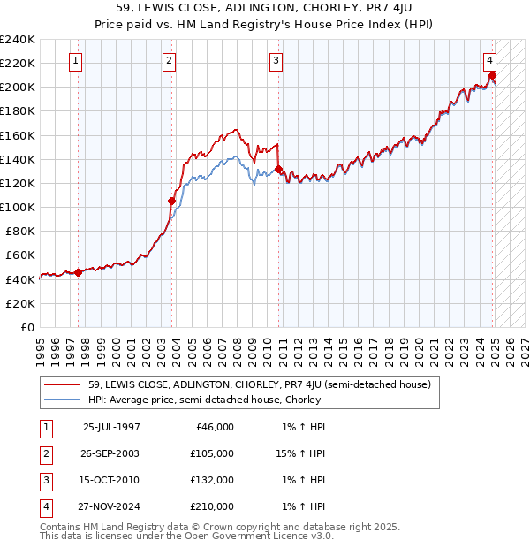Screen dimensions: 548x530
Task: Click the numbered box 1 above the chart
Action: tap(76, 61)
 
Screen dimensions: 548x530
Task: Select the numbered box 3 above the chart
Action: tap(276, 61)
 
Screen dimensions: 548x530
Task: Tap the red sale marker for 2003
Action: tap(171, 201)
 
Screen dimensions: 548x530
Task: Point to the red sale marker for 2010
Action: tap(279, 169)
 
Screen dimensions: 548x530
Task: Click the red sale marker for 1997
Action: tap(78, 272)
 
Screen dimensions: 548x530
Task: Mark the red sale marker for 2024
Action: tap(492, 75)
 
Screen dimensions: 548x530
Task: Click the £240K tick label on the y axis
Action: tap(18, 40)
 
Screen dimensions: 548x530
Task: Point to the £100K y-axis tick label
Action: tap(18, 207)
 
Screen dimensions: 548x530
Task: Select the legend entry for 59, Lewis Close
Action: tap(259, 384)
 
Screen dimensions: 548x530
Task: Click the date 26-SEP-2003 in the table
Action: tap(110, 453)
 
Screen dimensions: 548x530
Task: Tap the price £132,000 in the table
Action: tap(212, 480)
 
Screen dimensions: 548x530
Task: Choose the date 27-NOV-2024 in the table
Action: tap(110, 506)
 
